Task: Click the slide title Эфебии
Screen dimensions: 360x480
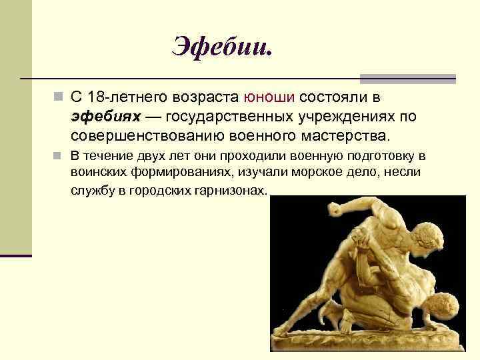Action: coord(223,46)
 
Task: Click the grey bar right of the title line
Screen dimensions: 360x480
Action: coord(408,78)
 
